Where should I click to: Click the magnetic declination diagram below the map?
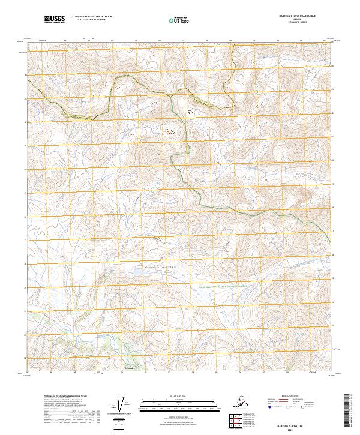[x=121, y=406]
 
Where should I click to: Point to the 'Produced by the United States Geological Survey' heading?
[x=62, y=397]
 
